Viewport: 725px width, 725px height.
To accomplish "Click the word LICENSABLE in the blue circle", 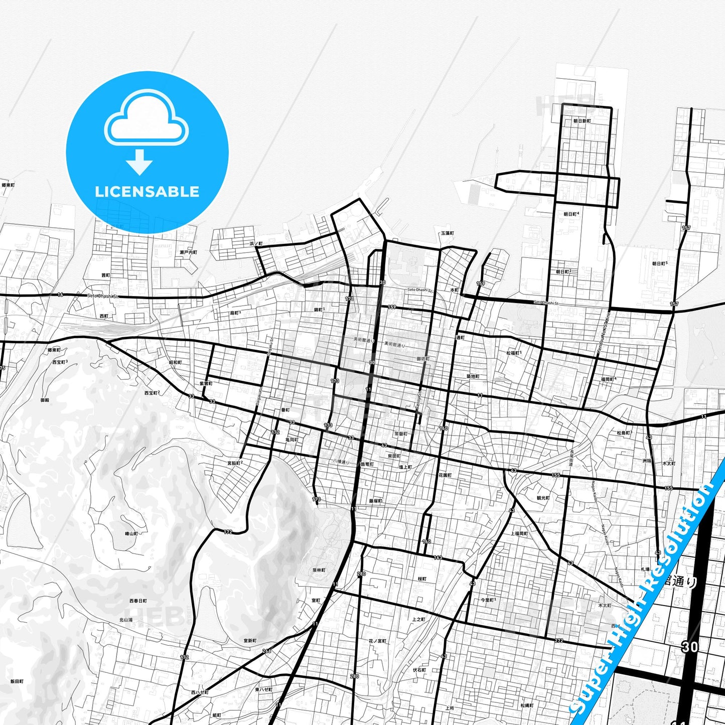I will click(x=147, y=192).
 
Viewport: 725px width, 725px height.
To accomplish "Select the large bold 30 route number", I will click(x=689, y=647).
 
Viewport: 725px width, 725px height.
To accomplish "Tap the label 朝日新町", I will click(x=583, y=121).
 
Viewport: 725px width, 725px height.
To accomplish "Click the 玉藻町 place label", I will click(x=447, y=233).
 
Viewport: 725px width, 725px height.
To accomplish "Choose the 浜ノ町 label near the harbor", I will click(x=256, y=243).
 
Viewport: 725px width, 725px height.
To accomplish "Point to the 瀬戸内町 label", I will click(x=188, y=252).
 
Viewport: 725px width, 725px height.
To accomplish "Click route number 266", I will click(x=266, y=651).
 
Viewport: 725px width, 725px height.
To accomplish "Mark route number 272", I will click(x=559, y=641).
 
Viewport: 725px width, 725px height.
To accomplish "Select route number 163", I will click(x=438, y=557).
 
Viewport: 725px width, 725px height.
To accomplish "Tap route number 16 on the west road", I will click(x=60, y=295).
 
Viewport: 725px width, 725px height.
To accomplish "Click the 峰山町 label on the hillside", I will click(x=131, y=533).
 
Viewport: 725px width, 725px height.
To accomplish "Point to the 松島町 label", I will click(x=624, y=432).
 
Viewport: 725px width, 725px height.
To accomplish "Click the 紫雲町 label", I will click(x=206, y=383).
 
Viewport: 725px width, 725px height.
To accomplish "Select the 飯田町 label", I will click(x=17, y=682).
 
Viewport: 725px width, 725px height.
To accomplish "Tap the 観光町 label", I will click(x=543, y=498).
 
